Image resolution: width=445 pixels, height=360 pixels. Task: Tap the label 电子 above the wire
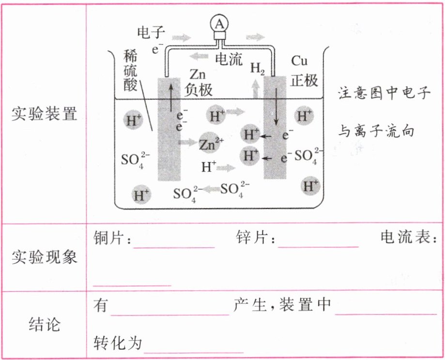coord(151,33)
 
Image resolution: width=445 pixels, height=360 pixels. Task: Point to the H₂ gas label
coord(257,68)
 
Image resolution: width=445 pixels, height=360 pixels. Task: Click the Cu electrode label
coord(299,62)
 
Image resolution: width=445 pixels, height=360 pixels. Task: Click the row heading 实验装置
coord(44,114)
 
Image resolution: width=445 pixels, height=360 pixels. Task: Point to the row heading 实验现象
coord(44,256)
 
